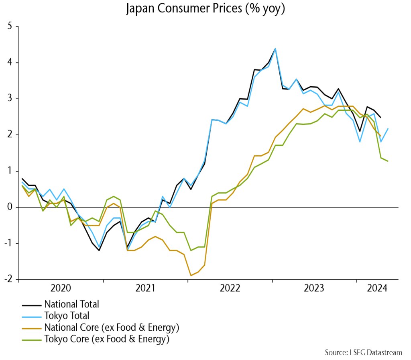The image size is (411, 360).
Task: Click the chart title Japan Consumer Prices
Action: [x=205, y=9]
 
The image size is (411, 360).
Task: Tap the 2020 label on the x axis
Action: [x=61, y=289]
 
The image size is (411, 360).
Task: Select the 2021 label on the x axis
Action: [x=146, y=289]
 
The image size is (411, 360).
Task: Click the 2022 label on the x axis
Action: [x=230, y=289]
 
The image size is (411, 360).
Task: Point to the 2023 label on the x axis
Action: [x=315, y=289]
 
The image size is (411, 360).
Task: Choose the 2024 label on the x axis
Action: [x=377, y=289]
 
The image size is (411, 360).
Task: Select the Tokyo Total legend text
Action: [x=67, y=316]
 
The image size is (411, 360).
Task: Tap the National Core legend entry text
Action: [x=112, y=327]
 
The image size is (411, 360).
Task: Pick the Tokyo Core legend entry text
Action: [x=107, y=339]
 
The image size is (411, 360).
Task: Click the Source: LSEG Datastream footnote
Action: [x=363, y=352]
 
